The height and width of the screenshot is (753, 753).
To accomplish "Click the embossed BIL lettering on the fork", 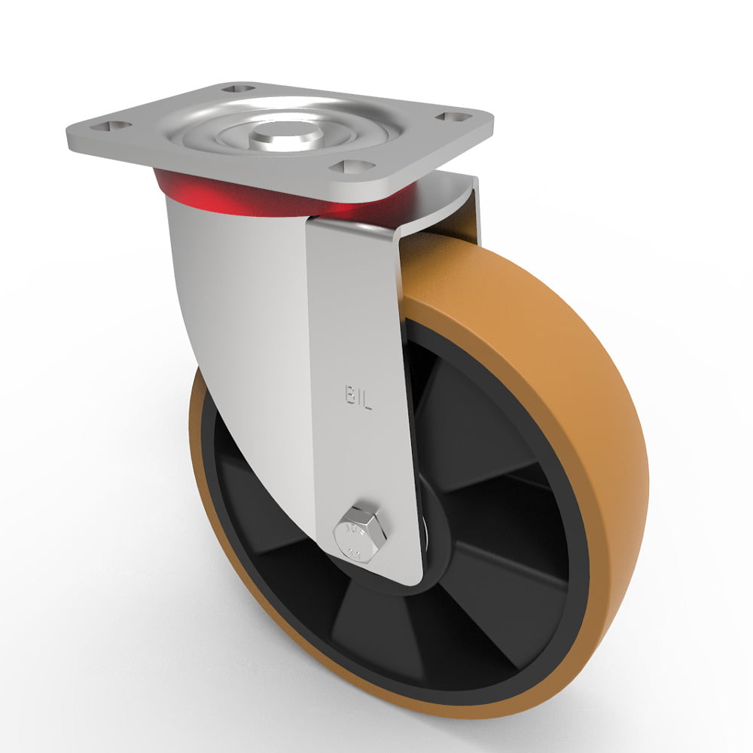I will pos(358,398).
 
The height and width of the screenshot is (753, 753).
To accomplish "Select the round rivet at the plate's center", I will pos(285,134).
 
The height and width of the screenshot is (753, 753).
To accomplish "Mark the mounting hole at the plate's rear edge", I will pos(240,89).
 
